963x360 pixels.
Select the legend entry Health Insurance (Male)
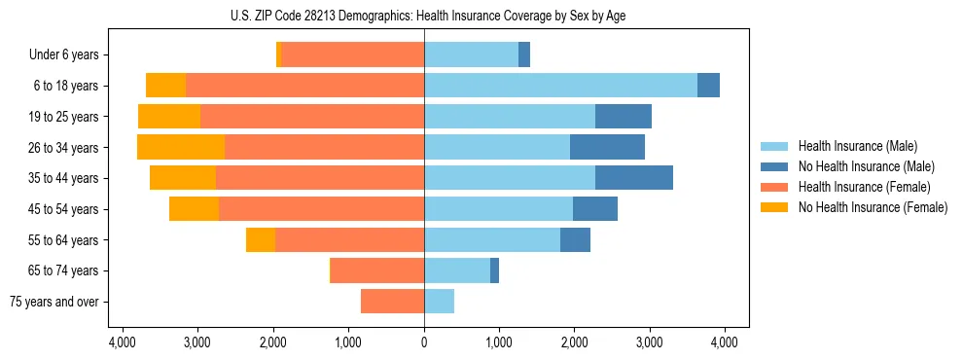point(852,146)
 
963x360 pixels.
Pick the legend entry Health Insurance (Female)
point(857,187)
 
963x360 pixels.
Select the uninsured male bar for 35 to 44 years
point(633,178)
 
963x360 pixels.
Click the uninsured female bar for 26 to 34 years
point(181,147)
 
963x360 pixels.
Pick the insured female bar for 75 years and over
point(392,302)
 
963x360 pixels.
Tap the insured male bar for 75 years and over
point(439,302)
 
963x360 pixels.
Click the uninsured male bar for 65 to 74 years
point(494,270)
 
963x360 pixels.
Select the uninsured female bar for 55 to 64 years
point(261,239)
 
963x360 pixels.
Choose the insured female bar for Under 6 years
point(352,54)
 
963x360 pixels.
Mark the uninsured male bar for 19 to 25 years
point(623,117)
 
